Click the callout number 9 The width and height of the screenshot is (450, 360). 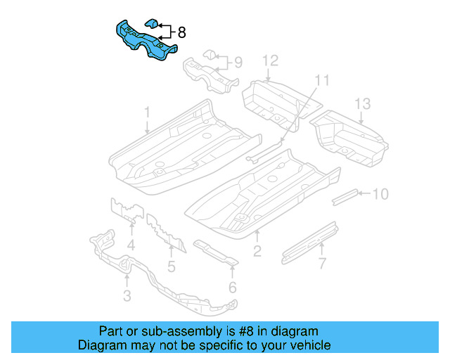click(x=238, y=63)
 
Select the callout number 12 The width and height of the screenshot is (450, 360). click(x=271, y=61)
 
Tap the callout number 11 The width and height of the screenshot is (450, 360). click(x=321, y=79)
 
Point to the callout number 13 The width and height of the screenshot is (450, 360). click(x=361, y=105)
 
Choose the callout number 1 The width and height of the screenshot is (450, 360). click(x=148, y=112)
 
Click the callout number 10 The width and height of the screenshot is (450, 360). click(x=380, y=193)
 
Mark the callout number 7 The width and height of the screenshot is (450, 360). click(x=322, y=264)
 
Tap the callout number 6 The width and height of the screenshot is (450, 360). click(x=232, y=286)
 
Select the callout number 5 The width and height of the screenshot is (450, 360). click(x=171, y=266)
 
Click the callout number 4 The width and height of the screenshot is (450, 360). click(x=131, y=245)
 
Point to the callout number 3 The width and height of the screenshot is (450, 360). click(x=127, y=296)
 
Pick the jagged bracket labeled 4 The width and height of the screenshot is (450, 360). click(x=126, y=210)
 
